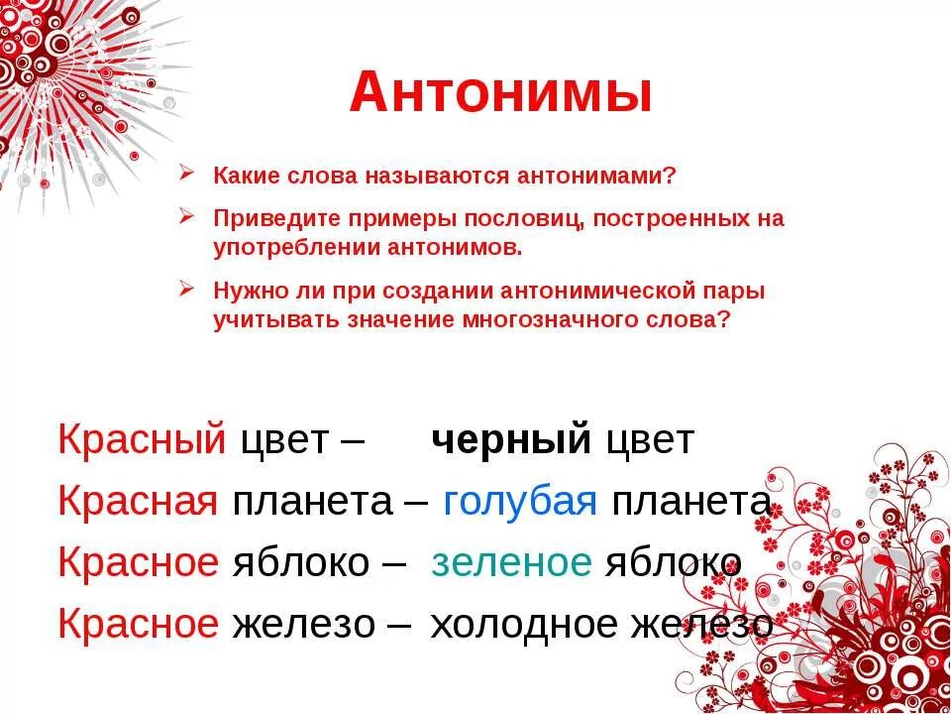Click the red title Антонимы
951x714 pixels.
pyautogui.click(x=500, y=94)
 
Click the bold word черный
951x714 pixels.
pyautogui.click(x=511, y=439)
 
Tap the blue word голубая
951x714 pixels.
pyautogui.click(x=520, y=502)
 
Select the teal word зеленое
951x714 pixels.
pyautogui.click(x=511, y=562)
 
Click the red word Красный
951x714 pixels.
pyautogui.click(x=143, y=439)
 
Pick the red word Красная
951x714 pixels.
pyautogui.click(x=138, y=502)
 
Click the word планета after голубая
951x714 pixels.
pyautogui.click(x=690, y=502)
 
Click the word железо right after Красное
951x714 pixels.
pyautogui.click(x=303, y=624)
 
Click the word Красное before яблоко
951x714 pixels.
pyautogui.click(x=138, y=562)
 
